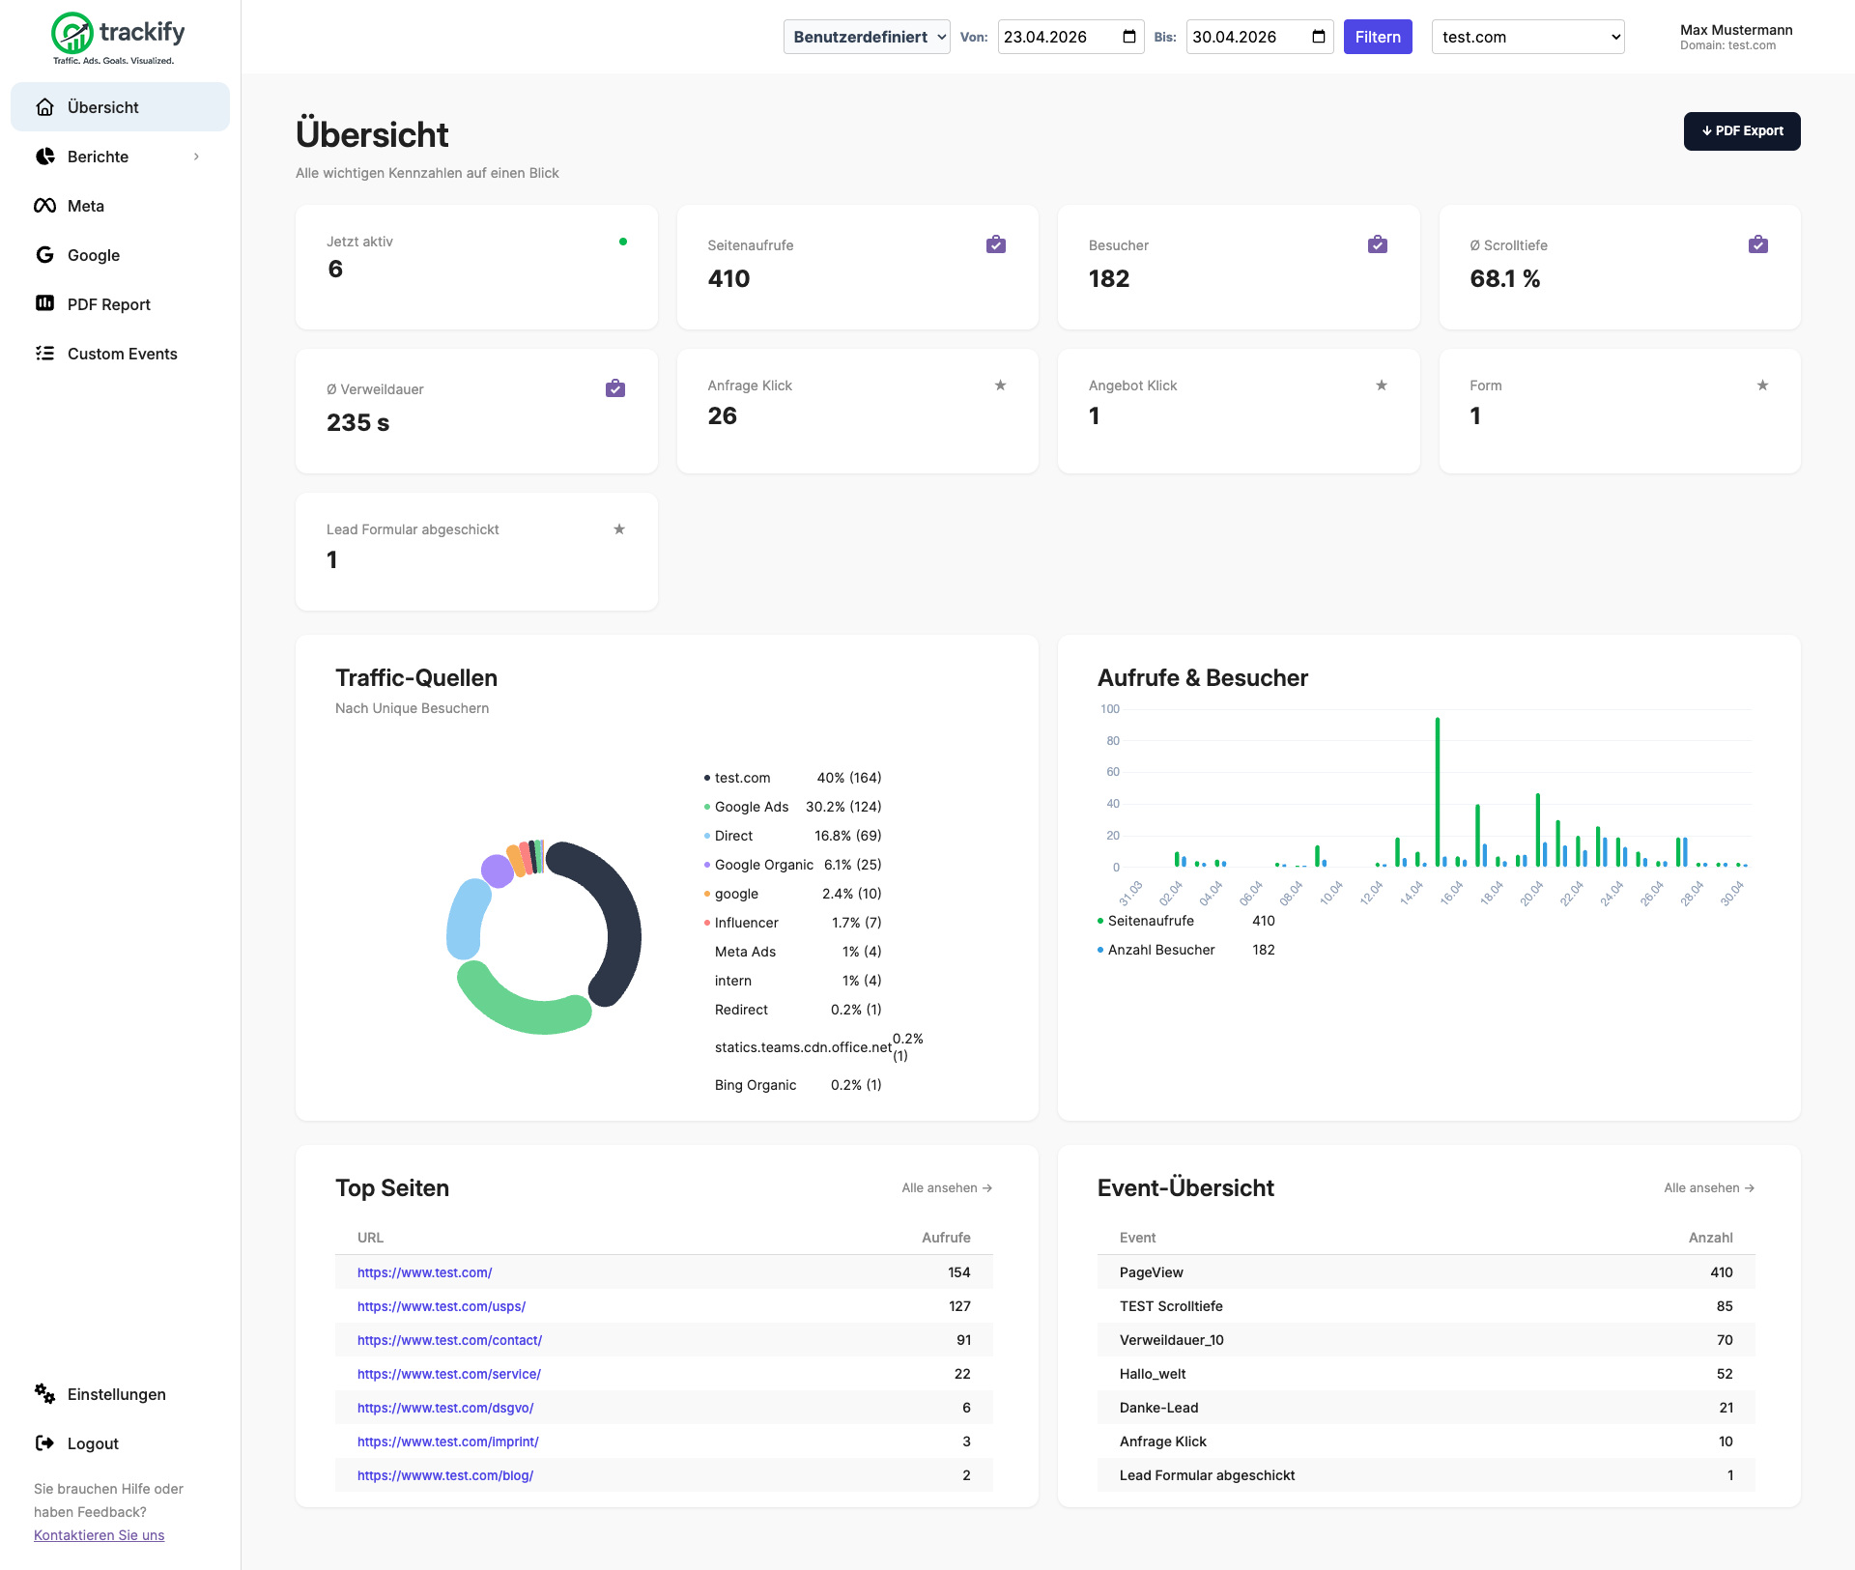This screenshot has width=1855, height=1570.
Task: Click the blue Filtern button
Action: click(1378, 37)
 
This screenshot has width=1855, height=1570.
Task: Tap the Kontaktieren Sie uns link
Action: click(99, 1535)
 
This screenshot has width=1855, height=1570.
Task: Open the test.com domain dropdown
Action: click(1527, 37)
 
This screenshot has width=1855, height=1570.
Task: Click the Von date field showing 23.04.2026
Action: click(1070, 37)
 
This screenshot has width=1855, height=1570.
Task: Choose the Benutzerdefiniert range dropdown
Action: click(867, 37)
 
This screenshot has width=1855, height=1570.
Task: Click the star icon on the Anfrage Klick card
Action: click(1001, 385)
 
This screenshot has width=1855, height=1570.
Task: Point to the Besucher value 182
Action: click(1109, 279)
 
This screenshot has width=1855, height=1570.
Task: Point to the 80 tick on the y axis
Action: click(1113, 741)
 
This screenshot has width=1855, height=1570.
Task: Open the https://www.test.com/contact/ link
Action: click(449, 1340)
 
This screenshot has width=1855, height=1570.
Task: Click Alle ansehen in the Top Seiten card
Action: click(947, 1188)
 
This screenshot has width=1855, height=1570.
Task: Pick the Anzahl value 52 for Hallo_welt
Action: click(1725, 1374)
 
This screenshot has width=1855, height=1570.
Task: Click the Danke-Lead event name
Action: click(1158, 1408)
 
